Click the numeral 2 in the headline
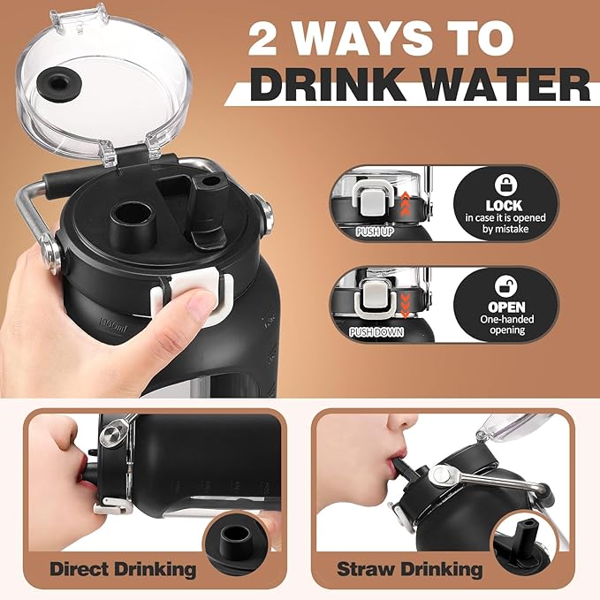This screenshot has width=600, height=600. point(263,39)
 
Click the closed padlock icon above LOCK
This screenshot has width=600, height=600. point(505,186)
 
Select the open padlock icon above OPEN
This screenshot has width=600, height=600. point(505,286)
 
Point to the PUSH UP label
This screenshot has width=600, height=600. point(375,232)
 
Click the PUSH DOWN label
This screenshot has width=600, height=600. point(376,331)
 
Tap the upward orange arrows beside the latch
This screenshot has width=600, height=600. point(405,204)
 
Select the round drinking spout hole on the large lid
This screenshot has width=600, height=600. point(132,224)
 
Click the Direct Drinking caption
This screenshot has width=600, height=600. point(123,569)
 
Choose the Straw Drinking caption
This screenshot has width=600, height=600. point(409,569)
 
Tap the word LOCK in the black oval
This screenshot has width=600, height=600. point(505,206)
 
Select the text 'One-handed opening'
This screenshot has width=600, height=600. point(506,324)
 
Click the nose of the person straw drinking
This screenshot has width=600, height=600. point(403,422)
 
